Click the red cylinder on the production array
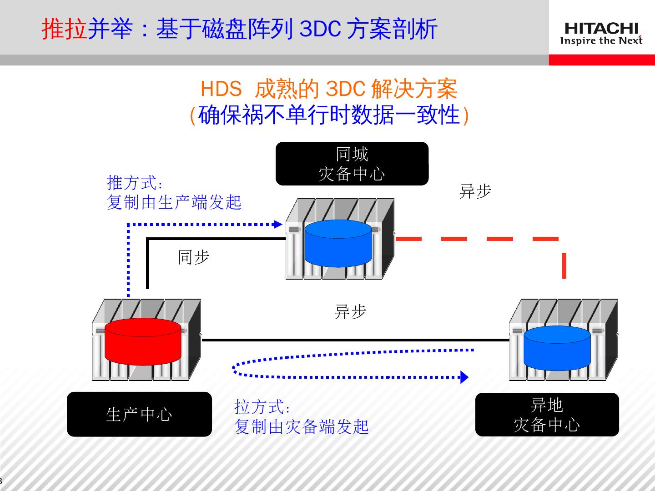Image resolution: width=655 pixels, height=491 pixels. [x=143, y=341]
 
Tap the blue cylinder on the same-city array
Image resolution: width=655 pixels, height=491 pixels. [x=338, y=243]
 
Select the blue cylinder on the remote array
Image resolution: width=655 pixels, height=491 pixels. [x=557, y=348]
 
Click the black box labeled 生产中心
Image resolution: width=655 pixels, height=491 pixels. [x=139, y=414]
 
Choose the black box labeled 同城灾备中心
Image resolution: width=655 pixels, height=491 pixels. [x=352, y=164]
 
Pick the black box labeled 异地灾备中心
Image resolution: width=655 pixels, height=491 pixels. [x=547, y=415]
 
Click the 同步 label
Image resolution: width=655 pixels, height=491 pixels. [x=193, y=257]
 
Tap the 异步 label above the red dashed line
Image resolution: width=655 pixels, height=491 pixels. [x=475, y=191]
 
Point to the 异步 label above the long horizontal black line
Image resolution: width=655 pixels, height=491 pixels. [x=350, y=312]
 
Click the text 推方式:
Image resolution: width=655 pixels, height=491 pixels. [x=135, y=183]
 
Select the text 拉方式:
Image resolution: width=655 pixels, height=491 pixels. [x=262, y=407]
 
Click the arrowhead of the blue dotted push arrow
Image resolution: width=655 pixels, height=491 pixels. [x=278, y=224]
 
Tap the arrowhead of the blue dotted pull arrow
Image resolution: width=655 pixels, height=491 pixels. [x=464, y=377]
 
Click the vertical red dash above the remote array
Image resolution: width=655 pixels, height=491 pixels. [x=564, y=265]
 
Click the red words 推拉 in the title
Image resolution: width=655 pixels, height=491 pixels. [x=64, y=30]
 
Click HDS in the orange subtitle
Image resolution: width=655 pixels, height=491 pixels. [x=221, y=89]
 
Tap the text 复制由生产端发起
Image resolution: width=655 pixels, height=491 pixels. [x=174, y=202]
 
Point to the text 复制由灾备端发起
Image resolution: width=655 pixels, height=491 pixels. [x=301, y=427]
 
